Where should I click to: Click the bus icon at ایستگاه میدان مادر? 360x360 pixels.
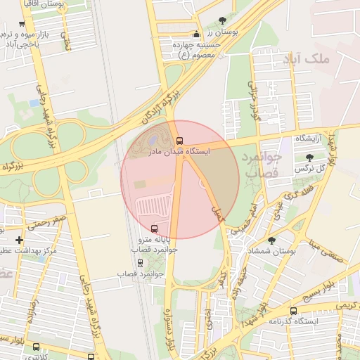click(180, 141)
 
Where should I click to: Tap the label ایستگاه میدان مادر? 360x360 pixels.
click(180, 152)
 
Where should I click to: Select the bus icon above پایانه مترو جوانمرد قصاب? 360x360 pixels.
click(154, 229)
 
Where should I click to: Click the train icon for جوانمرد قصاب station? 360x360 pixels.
click(140, 263)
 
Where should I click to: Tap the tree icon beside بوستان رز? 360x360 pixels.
click(223, 20)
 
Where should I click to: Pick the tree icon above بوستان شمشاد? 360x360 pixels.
click(271, 240)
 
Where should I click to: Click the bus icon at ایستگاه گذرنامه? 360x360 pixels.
click(294, 311)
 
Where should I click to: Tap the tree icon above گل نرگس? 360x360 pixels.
click(309, 157)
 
